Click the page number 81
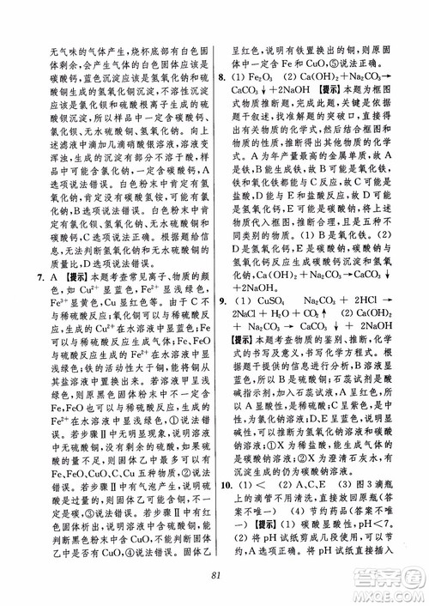pos(214,577)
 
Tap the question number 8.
pos(224,76)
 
